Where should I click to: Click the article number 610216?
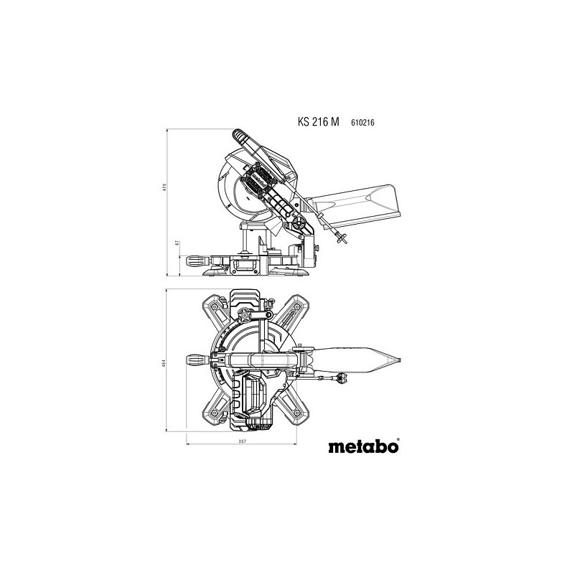click(x=364, y=123)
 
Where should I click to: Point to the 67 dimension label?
click(x=177, y=243)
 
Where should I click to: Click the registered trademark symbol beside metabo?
click(x=397, y=439)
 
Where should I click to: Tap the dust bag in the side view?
click(x=355, y=197)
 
